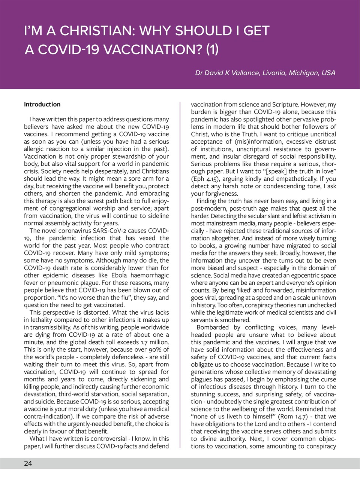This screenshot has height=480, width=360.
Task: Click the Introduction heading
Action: pos(42,104)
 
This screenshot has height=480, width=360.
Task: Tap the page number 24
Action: pos(28,463)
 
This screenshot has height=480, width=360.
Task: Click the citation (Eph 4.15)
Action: pos(205,179)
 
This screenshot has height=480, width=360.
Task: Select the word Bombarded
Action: pos(212,327)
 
